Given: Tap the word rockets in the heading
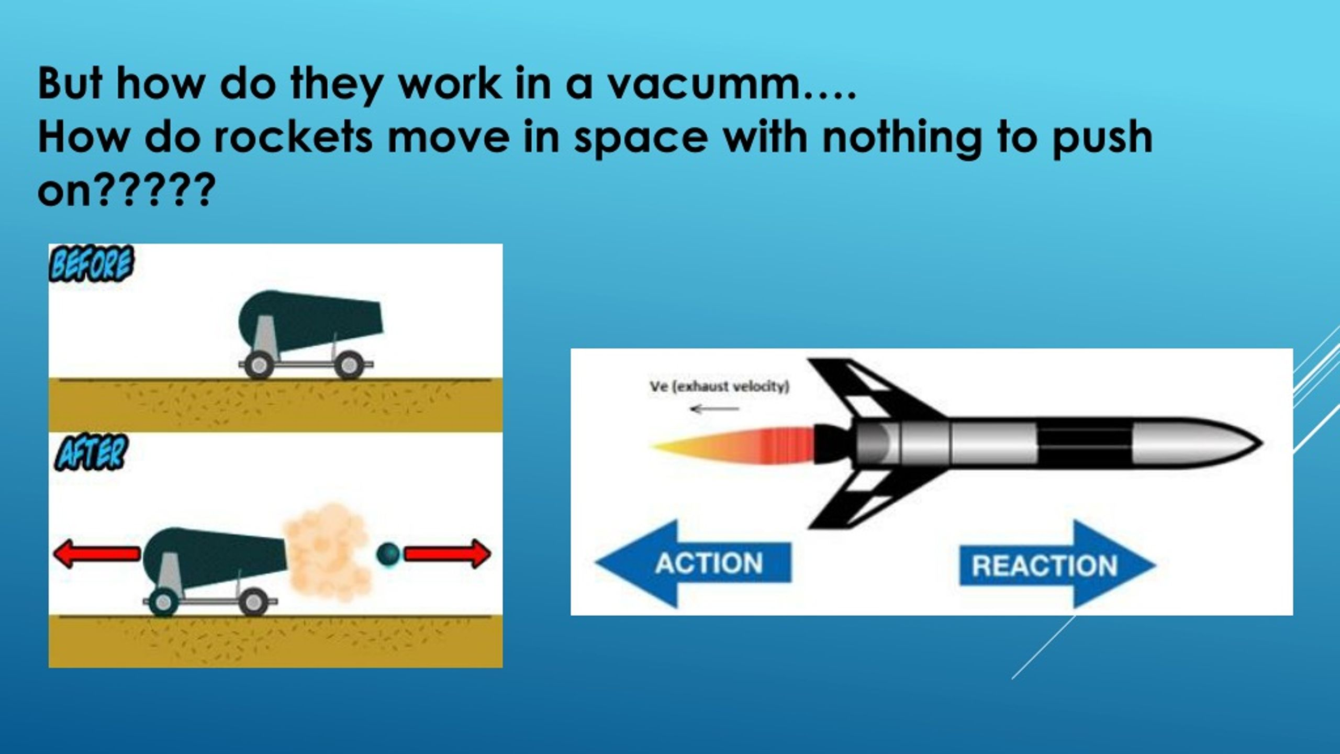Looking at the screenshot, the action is click(x=294, y=138).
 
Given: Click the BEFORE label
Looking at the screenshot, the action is click(x=91, y=264).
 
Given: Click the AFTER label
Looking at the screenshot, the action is click(x=90, y=453).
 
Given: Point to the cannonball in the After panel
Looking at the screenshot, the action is click(x=388, y=554).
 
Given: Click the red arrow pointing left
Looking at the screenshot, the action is click(x=97, y=554).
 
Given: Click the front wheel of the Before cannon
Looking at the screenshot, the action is click(x=349, y=364).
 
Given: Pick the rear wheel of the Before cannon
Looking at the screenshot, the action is click(x=259, y=364).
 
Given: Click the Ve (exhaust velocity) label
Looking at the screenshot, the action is click(x=719, y=387).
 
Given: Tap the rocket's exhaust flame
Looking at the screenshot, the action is click(x=733, y=446).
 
